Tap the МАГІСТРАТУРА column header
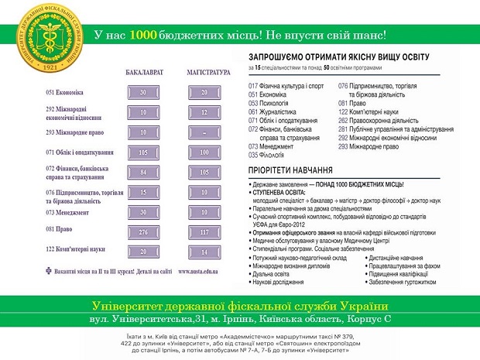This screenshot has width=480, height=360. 209,73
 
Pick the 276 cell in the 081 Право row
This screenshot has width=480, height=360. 142,231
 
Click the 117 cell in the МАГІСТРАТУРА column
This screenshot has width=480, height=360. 204,231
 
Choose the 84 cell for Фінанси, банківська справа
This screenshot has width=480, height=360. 142,172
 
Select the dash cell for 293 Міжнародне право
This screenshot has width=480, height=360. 204,132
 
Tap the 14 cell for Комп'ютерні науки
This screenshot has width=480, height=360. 204,252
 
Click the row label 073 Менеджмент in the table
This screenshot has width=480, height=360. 68,212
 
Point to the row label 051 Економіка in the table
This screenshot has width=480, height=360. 65,92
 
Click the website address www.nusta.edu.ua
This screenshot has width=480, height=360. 198,272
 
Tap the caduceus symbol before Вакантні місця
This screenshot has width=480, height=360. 50,272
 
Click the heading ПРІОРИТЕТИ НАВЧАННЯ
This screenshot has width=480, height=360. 290,169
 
